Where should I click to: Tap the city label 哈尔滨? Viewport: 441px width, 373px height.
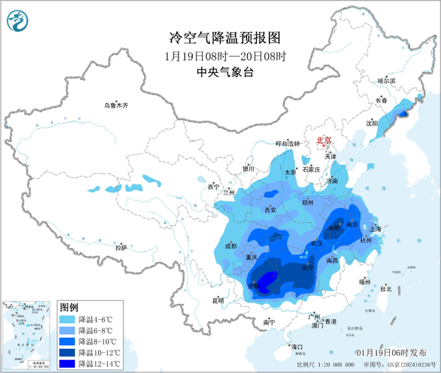387,81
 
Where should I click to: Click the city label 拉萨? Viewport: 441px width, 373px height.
121,247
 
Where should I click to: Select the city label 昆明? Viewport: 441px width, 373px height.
218,301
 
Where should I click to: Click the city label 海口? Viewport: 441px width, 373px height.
297,346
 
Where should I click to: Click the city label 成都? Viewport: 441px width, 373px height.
229,246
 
